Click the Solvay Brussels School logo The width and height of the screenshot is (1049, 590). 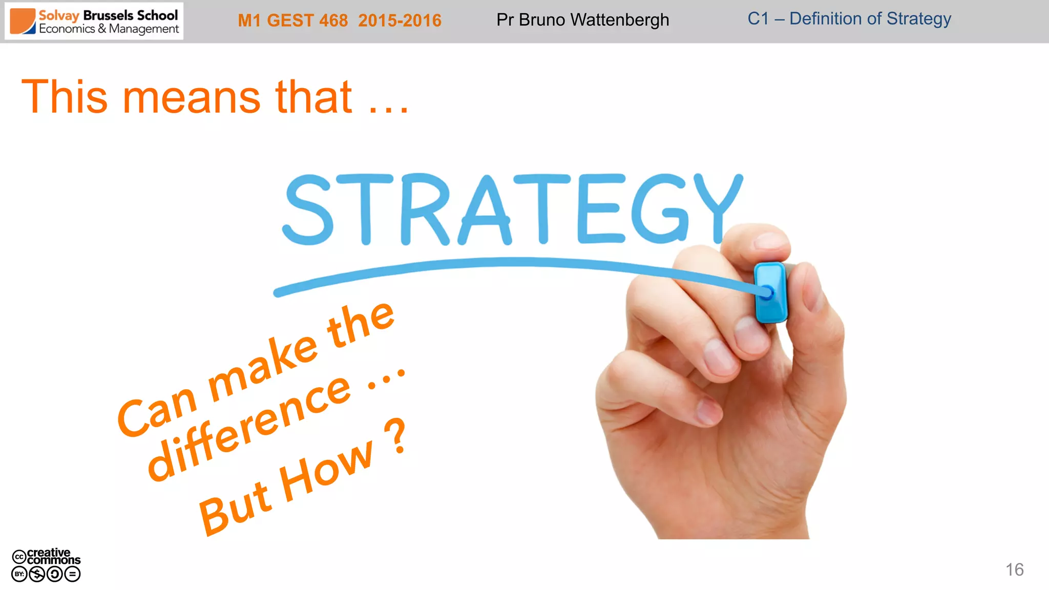coord(94,22)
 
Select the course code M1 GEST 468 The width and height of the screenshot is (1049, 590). coord(292,20)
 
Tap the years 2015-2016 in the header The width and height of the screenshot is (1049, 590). coord(400,20)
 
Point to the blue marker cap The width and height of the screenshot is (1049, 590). coord(770,292)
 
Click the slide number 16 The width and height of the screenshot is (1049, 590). coord(1014,570)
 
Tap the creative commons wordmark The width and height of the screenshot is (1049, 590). coord(53,556)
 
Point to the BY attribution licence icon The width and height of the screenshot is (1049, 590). coord(19,574)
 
